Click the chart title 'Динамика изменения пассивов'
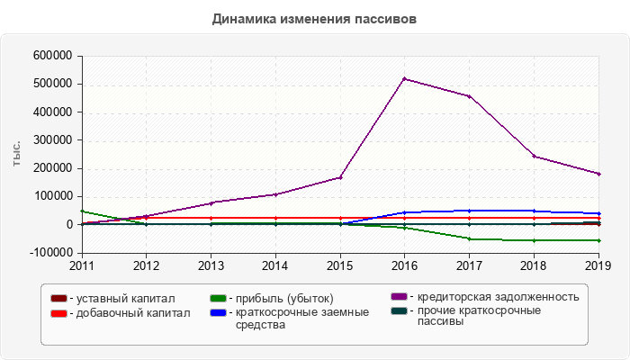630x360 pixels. (315, 18)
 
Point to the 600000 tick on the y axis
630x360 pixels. (51, 56)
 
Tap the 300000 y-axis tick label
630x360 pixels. (51, 140)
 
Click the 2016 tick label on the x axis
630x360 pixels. (404, 265)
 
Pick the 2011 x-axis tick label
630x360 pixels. (82, 265)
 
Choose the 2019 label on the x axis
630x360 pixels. (598, 265)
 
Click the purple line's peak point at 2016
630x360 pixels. (405, 79)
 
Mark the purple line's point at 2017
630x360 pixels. (469, 96)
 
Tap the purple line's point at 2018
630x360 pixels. (534, 157)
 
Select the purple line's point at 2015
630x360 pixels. (340, 177)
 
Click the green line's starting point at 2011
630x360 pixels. (82, 211)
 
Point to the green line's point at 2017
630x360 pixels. (469, 238)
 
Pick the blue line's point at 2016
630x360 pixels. (405, 212)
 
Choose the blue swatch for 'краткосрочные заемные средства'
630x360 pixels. (219, 313)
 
